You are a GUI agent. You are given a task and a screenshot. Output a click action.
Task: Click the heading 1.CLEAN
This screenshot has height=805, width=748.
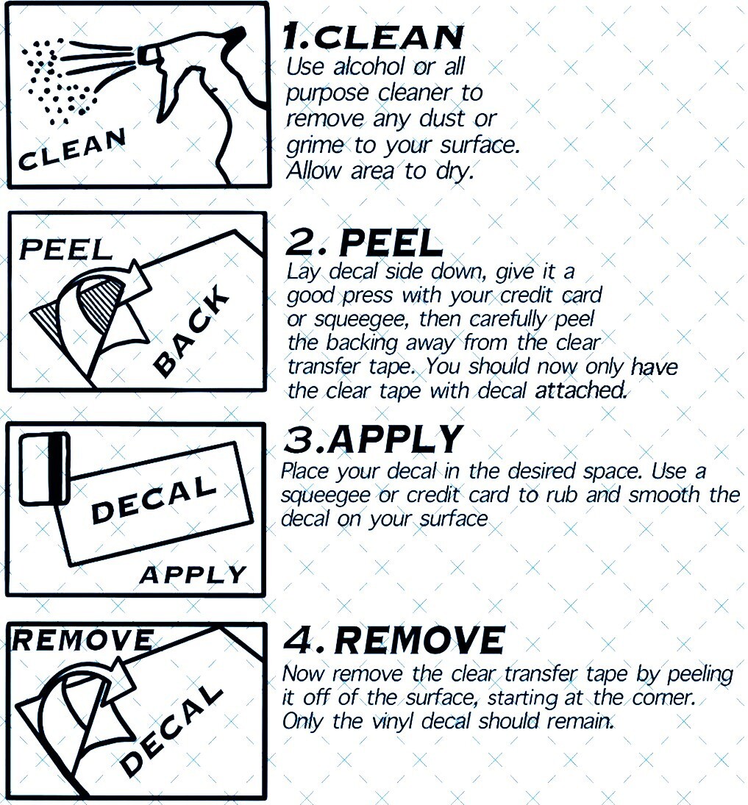click(x=373, y=37)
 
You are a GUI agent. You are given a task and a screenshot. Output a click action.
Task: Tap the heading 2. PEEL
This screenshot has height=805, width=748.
click(x=364, y=243)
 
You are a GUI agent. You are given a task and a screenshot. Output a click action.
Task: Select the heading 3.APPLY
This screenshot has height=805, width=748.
click(x=373, y=440)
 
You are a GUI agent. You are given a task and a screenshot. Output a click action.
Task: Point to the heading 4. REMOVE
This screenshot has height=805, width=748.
click(x=394, y=640)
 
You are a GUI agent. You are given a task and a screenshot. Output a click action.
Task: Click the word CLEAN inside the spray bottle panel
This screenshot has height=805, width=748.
click(x=72, y=149)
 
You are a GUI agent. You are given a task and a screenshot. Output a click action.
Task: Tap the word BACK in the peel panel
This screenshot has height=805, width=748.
click(x=191, y=330)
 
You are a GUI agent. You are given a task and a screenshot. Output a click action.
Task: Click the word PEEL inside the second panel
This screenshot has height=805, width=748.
click(x=65, y=249)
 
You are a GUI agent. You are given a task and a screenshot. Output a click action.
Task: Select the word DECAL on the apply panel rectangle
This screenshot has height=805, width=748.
click(x=154, y=499)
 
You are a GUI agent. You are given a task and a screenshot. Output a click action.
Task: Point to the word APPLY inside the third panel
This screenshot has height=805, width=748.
click(x=193, y=574)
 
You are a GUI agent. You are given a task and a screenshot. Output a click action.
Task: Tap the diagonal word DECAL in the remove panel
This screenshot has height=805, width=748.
click(x=171, y=731)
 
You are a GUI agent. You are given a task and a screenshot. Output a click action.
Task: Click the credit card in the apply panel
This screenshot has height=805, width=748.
click(x=44, y=468)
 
